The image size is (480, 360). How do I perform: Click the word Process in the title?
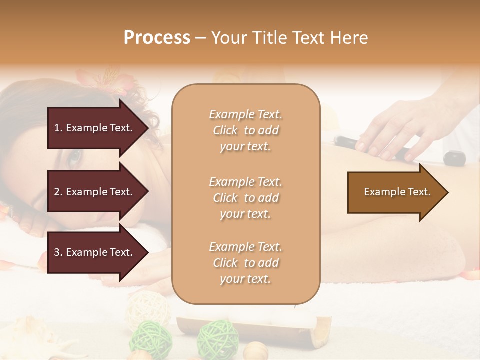(157, 38)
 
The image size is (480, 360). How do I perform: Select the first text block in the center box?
(245, 130)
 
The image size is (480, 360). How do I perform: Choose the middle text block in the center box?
(245, 198)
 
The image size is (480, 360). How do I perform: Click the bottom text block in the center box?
(245, 263)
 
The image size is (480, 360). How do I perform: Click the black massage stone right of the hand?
(454, 158)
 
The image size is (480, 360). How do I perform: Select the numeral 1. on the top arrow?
(58, 128)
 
